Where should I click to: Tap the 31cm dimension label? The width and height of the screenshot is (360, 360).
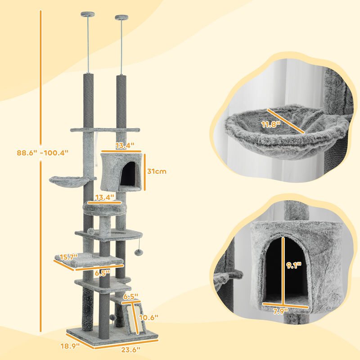[x=157, y=171]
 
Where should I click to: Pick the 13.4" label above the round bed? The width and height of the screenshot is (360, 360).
[x=104, y=197]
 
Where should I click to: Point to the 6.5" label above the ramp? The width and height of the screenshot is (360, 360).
[x=130, y=297]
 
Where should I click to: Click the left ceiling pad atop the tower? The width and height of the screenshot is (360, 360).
[x=87, y=15]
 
